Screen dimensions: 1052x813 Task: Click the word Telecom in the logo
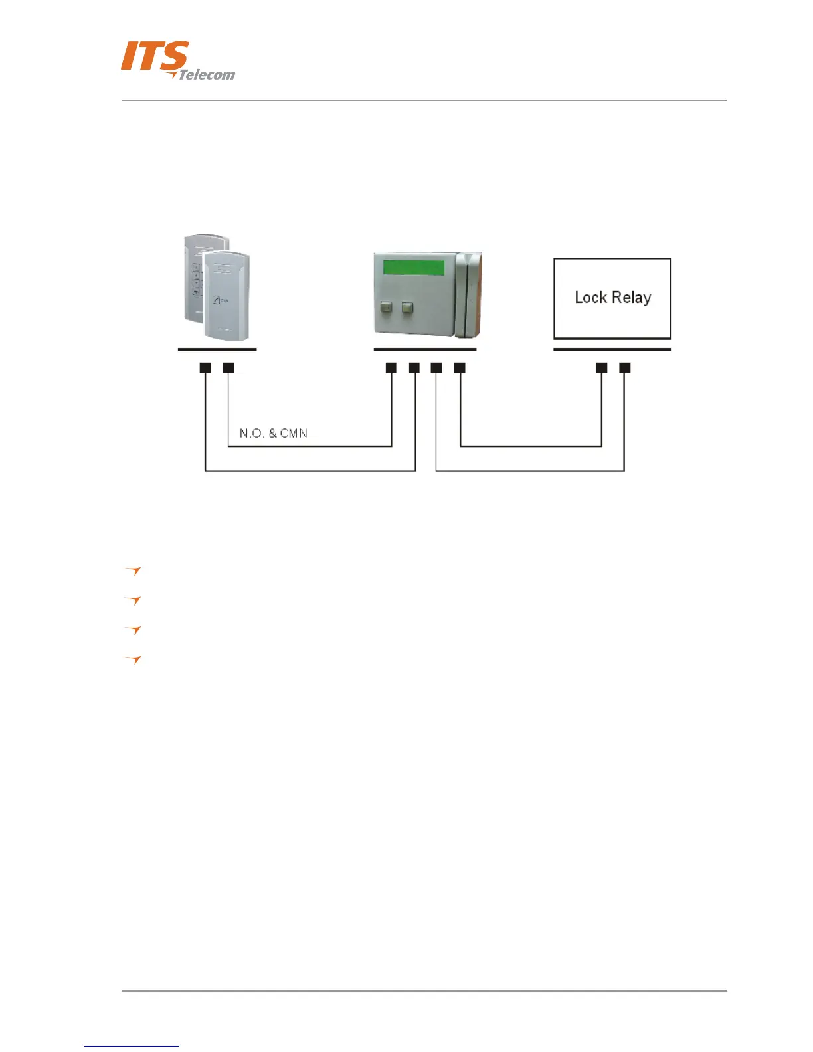207,75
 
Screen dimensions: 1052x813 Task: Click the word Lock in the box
590,297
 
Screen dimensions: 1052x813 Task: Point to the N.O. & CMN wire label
273,433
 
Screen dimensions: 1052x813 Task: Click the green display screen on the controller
414,267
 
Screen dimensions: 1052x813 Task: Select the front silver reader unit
226,296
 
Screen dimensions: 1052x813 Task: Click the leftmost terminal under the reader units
205,367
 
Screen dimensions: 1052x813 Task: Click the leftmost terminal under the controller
391,367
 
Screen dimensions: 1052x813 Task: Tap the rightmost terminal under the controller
460,367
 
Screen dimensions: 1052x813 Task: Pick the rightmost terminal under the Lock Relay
624,367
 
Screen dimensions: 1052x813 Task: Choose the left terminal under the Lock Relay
602,367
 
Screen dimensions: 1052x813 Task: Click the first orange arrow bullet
134,570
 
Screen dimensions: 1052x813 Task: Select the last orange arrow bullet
134,659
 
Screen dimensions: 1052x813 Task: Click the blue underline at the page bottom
132,1046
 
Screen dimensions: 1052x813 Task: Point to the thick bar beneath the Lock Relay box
612,349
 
